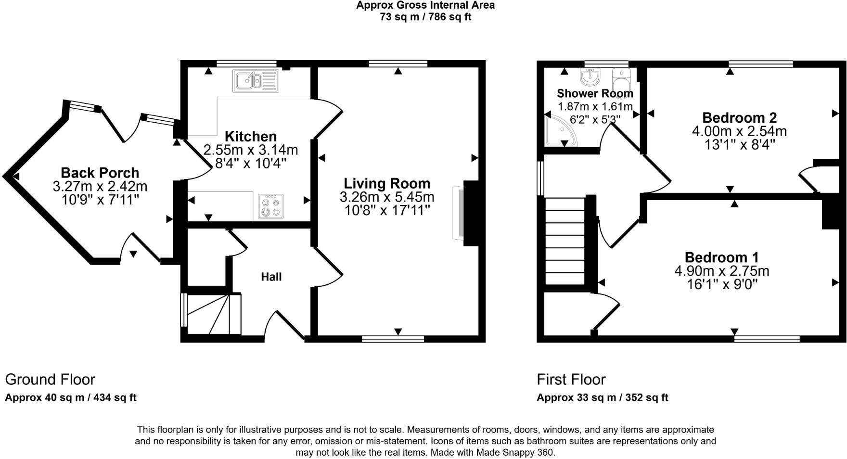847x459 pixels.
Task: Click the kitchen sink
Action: point(256,80)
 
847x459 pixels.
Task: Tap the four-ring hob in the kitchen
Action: point(270,206)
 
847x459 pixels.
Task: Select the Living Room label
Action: point(387,183)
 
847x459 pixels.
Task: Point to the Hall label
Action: point(271,277)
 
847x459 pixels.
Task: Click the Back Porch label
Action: point(100,173)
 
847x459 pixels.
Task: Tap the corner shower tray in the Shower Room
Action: point(561,130)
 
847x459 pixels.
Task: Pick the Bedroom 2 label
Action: point(740,117)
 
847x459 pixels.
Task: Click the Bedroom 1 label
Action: point(722,257)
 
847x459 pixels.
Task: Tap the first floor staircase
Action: point(565,241)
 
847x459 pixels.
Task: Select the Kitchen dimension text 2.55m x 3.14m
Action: point(251,150)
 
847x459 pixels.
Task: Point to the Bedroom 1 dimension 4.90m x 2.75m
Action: point(722,271)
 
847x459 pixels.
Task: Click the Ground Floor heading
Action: point(50,380)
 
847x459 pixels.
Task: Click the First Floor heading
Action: point(571,380)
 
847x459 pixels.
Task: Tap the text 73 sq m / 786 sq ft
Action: point(425,17)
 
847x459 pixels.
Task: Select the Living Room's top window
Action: point(398,64)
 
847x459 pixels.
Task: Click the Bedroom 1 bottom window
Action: point(767,339)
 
